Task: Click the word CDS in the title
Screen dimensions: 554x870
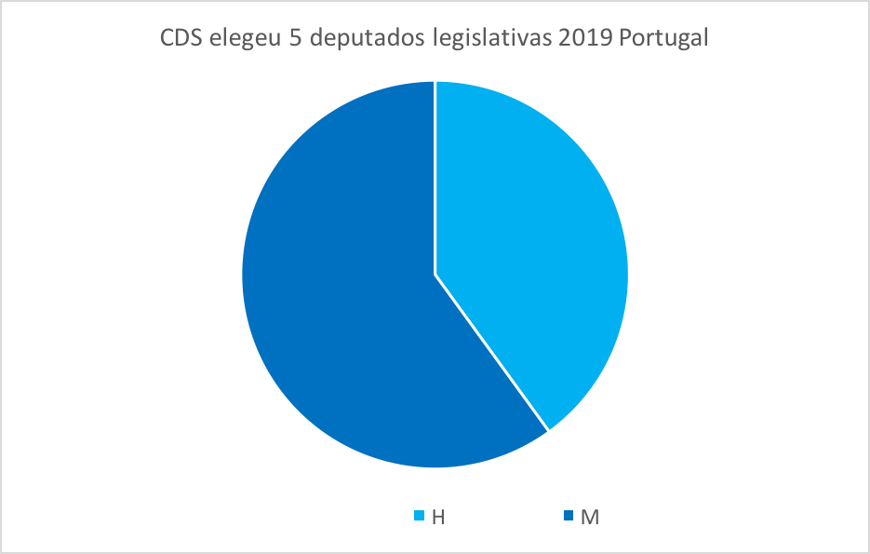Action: (182, 41)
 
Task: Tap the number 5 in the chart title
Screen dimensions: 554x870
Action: (297, 41)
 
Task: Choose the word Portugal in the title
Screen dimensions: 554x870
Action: (663, 41)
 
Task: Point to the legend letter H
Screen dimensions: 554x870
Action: (437, 517)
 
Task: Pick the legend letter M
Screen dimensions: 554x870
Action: (588, 517)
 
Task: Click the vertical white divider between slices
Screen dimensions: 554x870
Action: (435, 177)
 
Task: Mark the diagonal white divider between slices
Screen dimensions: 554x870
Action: (491, 353)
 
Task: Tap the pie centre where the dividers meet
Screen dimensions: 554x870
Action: (435, 275)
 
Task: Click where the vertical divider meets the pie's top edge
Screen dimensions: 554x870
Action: (435, 82)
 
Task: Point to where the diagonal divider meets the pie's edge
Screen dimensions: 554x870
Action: (548, 430)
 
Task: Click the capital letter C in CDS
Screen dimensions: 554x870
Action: (168, 41)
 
